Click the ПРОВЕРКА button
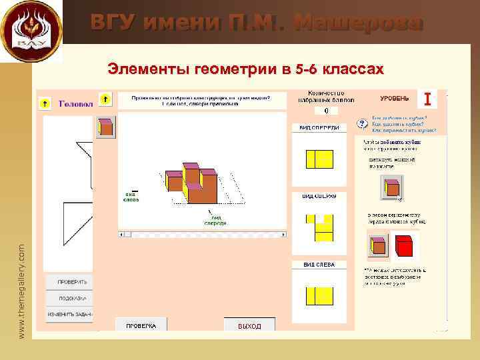tap(142, 325)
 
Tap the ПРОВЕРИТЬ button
tap(67, 282)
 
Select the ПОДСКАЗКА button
tap(67, 298)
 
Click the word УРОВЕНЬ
tap(395, 99)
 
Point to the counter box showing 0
tap(326, 111)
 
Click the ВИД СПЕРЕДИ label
tap(319, 127)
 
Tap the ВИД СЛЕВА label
tap(319, 265)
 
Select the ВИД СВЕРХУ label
tap(319, 197)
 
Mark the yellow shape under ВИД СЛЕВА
tap(319, 295)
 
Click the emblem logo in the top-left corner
tap(31, 31)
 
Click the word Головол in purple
tap(75, 104)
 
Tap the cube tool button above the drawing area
tap(106, 127)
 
